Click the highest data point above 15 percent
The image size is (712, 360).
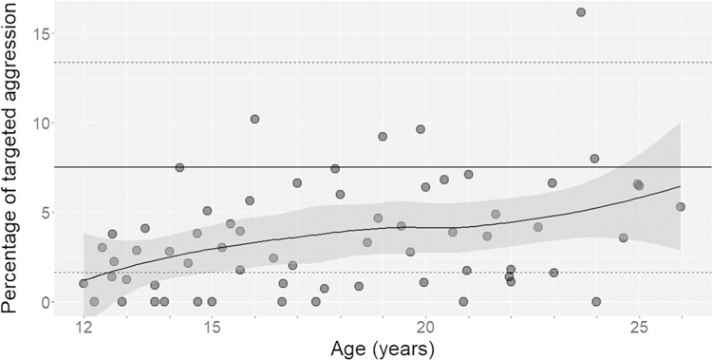581,12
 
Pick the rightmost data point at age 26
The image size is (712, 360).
680,206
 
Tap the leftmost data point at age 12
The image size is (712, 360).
84,283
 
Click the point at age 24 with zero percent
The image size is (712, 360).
596,301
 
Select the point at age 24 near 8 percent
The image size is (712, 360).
594,159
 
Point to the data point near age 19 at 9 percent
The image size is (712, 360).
383,137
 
